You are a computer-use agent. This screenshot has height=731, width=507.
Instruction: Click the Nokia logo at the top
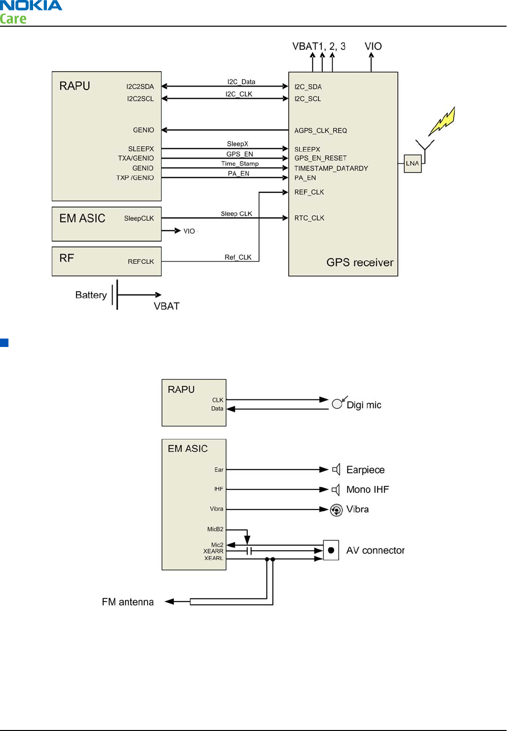tap(31, 5)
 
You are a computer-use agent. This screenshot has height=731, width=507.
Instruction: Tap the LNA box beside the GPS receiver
tap(412, 164)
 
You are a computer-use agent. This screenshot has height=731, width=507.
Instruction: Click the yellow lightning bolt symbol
tap(442, 121)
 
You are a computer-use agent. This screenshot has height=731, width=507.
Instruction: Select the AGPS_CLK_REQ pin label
tap(320, 130)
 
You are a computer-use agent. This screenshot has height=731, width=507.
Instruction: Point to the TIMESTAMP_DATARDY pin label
tap(331, 169)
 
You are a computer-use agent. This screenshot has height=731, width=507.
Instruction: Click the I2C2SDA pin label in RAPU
tap(140, 86)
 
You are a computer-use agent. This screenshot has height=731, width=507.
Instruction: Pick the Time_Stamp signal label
tap(239, 164)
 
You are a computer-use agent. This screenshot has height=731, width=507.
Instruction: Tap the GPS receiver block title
tap(359, 262)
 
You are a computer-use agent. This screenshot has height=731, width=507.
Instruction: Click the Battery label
tap(91, 295)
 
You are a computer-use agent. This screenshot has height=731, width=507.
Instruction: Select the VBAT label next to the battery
tap(166, 306)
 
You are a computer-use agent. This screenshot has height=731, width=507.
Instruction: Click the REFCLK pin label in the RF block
tap(141, 261)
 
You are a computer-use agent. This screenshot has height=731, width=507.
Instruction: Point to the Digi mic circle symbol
tap(337, 404)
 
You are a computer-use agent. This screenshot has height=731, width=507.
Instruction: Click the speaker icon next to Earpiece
tap(336, 470)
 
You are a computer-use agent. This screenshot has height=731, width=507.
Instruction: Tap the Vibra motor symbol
tap(336, 510)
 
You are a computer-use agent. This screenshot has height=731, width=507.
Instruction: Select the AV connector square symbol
tap(331, 550)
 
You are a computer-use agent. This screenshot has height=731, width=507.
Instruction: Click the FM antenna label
tap(127, 602)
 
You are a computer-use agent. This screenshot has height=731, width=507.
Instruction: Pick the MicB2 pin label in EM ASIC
tap(215, 529)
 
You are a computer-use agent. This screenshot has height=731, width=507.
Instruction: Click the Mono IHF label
tap(367, 489)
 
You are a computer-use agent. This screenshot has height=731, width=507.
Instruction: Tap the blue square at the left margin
tap(4, 343)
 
